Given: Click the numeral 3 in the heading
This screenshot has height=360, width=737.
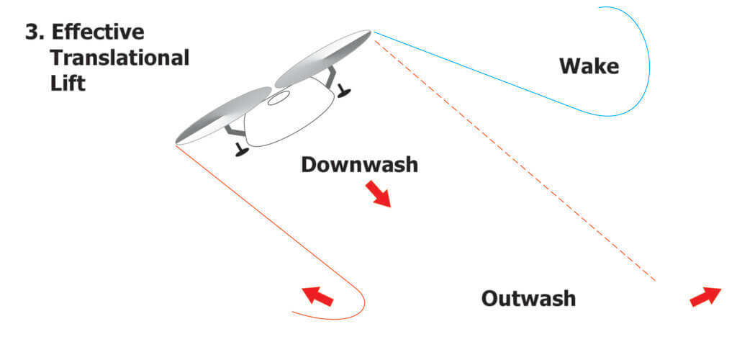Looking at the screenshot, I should coord(32,33).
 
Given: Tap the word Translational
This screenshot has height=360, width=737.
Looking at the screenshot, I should coord(119,58).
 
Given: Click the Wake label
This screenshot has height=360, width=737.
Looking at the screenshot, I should coord(589,67).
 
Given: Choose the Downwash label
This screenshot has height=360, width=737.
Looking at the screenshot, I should coord(359,164).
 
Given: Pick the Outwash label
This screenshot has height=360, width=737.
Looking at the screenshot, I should coord(528,298).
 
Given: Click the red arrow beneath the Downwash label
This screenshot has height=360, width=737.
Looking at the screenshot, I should coord(378,194).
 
